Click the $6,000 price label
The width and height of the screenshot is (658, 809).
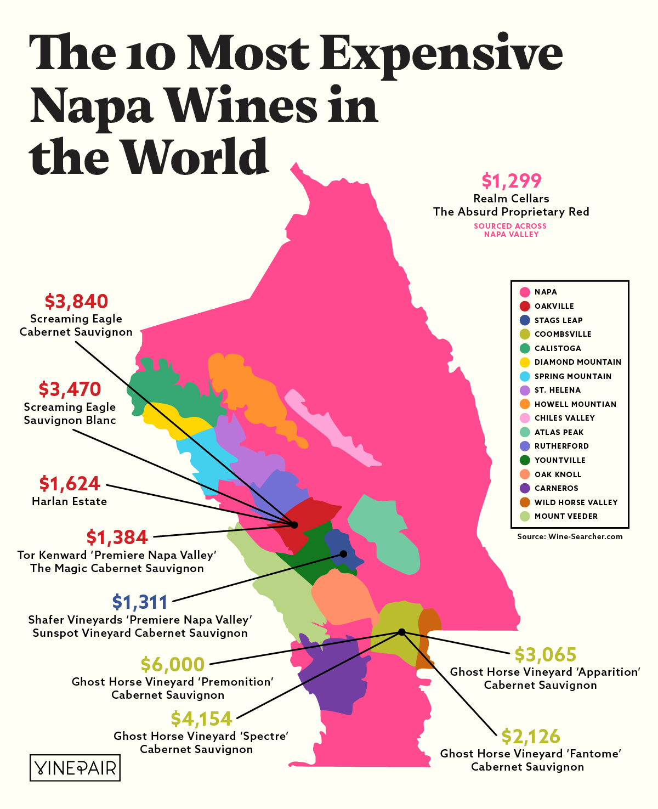pyautogui.click(x=172, y=664)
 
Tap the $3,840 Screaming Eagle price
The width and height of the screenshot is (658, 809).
pyautogui.click(x=76, y=301)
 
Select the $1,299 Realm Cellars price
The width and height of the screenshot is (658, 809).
pyautogui.click(x=511, y=180)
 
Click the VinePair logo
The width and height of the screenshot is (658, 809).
pyautogui.click(x=75, y=768)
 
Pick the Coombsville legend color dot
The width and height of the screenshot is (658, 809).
pyautogui.click(x=525, y=334)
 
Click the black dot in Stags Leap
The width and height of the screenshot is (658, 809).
pyautogui.click(x=343, y=554)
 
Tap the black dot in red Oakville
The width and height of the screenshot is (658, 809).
pyautogui.click(x=294, y=525)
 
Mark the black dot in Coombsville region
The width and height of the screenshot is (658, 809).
pyautogui.click(x=401, y=632)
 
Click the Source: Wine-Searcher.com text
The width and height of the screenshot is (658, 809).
pyautogui.click(x=570, y=536)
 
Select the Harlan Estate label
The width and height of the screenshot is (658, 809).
pyautogui.click(x=69, y=501)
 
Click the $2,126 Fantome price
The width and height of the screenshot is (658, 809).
pyautogui.click(x=530, y=736)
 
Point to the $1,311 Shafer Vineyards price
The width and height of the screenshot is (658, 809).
pyautogui.click(x=139, y=602)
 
